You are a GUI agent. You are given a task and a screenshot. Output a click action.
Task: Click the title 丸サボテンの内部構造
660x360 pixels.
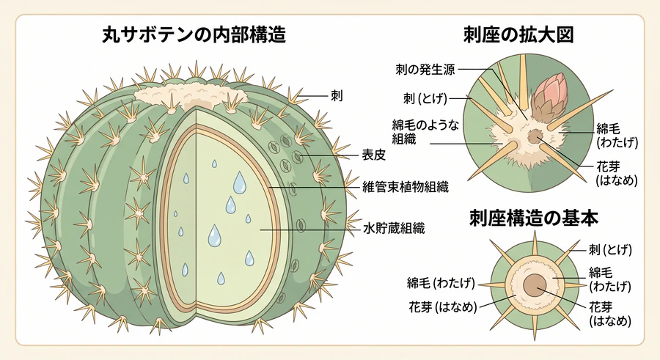[194, 34]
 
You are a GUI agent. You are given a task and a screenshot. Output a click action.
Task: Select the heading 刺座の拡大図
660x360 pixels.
[518, 34]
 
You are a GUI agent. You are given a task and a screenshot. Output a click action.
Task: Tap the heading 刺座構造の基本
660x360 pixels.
[534, 218]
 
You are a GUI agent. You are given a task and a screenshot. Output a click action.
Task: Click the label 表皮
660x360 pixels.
[374, 155]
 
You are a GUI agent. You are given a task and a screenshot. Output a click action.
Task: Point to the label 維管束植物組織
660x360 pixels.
[406, 186]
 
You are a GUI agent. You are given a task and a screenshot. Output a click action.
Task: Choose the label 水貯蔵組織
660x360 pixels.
[394, 229]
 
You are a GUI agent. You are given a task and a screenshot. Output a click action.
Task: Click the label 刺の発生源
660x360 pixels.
[425, 70]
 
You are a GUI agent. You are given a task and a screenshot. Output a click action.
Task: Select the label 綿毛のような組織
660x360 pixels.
[425, 132]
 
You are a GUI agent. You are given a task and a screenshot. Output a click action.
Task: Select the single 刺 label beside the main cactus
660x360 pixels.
[337, 97]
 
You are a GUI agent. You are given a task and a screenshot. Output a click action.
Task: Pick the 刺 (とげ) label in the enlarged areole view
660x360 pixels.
[425, 98]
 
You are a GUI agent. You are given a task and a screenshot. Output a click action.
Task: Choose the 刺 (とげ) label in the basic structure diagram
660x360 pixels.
[610, 250]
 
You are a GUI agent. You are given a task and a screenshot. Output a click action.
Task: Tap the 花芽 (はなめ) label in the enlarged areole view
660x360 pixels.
[617, 174]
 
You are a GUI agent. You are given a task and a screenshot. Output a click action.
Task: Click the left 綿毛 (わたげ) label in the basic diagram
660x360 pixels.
[441, 283]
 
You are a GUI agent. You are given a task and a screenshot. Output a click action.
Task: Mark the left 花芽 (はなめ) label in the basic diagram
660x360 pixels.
[443, 307]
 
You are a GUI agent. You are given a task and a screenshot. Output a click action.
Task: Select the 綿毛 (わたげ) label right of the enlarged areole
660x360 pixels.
[617, 136]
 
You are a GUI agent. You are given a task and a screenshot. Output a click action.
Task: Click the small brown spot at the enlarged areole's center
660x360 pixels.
[535, 136]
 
